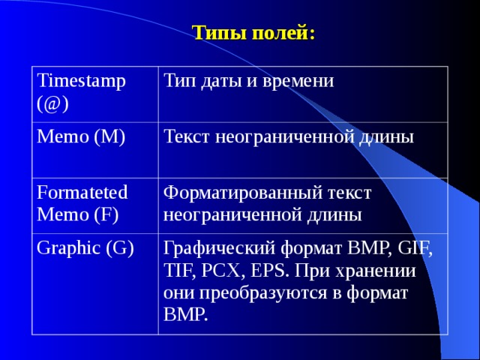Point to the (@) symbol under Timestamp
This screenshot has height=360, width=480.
(52, 104)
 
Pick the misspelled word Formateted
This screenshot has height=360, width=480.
(82, 191)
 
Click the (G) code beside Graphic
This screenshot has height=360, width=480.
(121, 248)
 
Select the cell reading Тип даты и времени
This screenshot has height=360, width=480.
(248, 80)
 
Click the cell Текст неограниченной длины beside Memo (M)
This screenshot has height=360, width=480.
(288, 137)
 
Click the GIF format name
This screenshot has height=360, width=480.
(410, 249)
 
